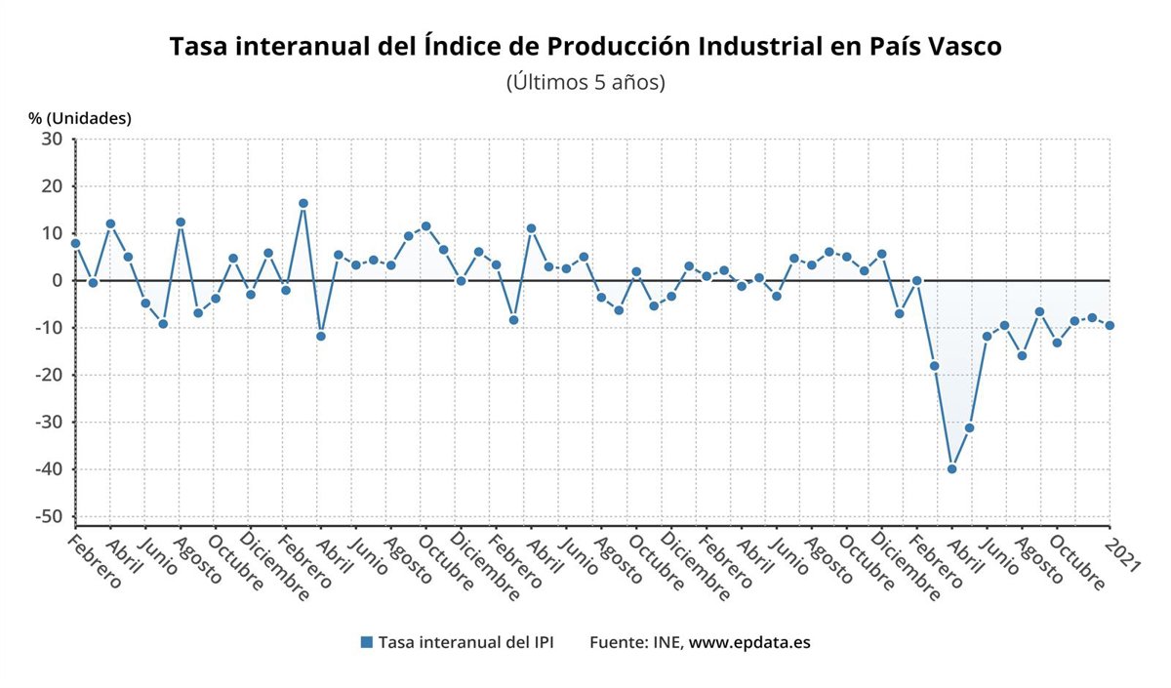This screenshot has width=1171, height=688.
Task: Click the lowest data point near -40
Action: click(x=951, y=468)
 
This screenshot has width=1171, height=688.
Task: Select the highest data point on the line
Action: click(x=303, y=203)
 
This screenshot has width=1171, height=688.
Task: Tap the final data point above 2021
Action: click(x=1110, y=325)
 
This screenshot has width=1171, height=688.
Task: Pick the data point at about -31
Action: click(x=969, y=427)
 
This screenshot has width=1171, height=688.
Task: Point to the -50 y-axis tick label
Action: click(x=50, y=516)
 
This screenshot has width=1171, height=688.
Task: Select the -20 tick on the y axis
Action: click(x=50, y=375)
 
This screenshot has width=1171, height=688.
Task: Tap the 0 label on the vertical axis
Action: click(x=58, y=281)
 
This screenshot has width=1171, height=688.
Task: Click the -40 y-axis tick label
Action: click(x=50, y=469)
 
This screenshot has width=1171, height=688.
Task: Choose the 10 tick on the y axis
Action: click(x=53, y=233)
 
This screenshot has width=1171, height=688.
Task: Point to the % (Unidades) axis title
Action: click(x=80, y=118)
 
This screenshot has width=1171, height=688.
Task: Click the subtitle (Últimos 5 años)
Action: click(x=585, y=82)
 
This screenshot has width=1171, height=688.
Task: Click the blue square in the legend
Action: click(x=367, y=642)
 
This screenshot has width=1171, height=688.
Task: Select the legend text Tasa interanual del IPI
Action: click(x=465, y=642)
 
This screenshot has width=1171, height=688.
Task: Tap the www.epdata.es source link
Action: click(x=749, y=642)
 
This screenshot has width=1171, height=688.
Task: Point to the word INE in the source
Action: click(x=667, y=642)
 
